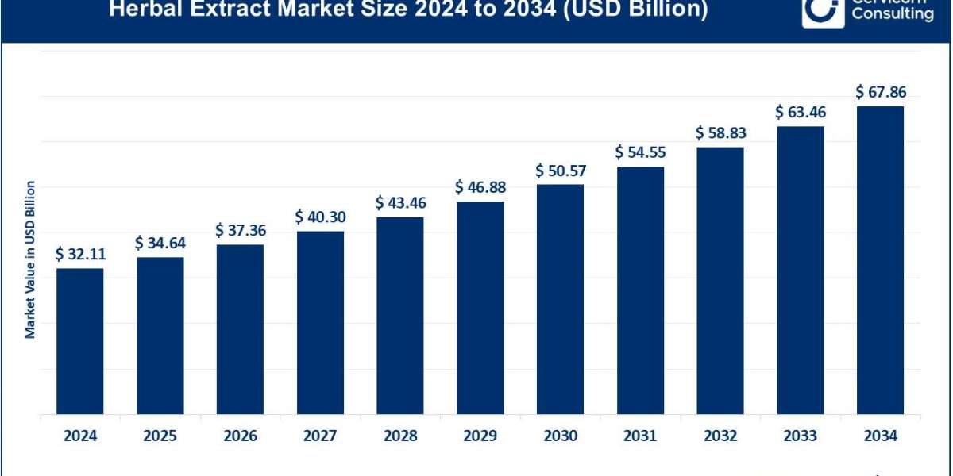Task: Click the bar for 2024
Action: (x=80, y=341)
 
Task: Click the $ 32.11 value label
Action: (x=80, y=255)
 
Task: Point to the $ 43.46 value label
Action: (x=400, y=203)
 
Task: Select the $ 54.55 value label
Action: (x=640, y=152)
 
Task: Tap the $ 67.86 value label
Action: (x=880, y=92)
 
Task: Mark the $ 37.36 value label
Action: (x=240, y=230)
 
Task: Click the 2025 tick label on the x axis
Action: (x=160, y=436)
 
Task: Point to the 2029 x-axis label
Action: (x=480, y=436)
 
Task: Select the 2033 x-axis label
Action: (x=800, y=436)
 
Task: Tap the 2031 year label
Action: (x=640, y=436)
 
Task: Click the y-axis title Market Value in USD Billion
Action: (x=30, y=259)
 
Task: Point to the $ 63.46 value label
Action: (x=800, y=112)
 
